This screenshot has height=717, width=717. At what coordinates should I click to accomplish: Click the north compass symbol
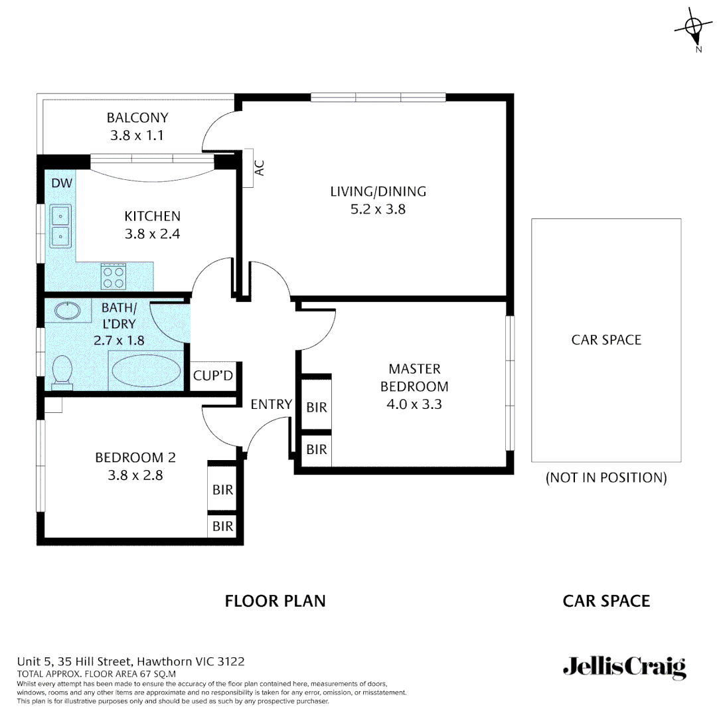(693, 27)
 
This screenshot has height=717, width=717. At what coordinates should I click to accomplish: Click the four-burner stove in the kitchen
(114, 276)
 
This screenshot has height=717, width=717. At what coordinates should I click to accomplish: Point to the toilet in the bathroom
(62, 369)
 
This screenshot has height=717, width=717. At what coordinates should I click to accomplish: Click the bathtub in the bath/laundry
(146, 370)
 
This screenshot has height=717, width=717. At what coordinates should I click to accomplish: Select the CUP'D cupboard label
(213, 376)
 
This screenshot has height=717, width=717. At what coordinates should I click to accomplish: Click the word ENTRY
(271, 404)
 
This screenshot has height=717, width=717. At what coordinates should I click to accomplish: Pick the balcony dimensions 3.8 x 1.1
(137, 135)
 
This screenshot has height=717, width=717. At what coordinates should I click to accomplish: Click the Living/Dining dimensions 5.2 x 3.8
(378, 209)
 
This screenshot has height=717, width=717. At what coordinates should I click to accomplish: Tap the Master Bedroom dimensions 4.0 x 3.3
(414, 404)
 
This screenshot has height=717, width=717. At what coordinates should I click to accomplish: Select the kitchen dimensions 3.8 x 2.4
(152, 234)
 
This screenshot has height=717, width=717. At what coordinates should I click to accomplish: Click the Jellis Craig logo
(623, 667)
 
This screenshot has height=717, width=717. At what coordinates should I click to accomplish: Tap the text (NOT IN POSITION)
(605, 478)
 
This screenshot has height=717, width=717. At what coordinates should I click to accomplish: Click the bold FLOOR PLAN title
(275, 601)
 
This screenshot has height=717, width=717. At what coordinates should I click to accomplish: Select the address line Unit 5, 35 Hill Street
(131, 661)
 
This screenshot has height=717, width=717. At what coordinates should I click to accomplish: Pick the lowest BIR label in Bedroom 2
(223, 526)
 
